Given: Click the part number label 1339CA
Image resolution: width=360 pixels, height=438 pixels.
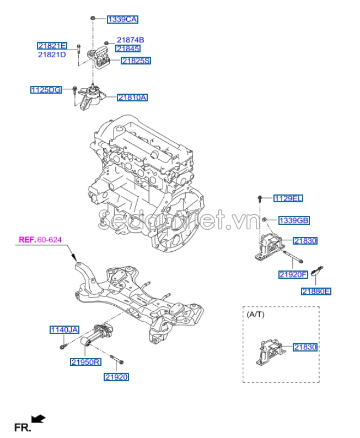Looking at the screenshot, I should [x=122, y=19].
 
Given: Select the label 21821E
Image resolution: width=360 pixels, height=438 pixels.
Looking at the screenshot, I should [x=52, y=46].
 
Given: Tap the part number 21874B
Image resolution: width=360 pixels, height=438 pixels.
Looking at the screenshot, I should [x=130, y=40].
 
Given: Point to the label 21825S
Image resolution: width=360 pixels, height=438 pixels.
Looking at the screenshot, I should [x=136, y=61].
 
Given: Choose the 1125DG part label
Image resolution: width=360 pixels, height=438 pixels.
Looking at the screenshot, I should [x=46, y=89].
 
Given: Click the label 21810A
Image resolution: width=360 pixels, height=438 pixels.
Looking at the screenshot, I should [x=132, y=98].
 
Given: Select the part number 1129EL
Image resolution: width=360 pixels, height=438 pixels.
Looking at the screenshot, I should [x=288, y=198].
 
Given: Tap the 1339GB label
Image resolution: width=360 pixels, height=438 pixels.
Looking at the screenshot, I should [x=293, y=220].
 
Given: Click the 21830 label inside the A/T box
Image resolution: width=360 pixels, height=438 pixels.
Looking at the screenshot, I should [x=305, y=347].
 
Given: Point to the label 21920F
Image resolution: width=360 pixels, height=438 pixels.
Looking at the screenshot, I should [x=293, y=274].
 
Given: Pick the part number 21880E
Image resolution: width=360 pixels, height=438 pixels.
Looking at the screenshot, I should [x=316, y=291].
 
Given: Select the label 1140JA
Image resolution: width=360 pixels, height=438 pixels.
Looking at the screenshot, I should [x=65, y=330].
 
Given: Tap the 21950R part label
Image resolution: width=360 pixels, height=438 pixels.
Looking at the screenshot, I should [x=85, y=362].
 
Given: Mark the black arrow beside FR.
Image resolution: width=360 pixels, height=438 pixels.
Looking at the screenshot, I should [x=39, y=420].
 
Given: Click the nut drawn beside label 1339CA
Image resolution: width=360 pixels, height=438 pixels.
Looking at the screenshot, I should [x=93, y=19].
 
